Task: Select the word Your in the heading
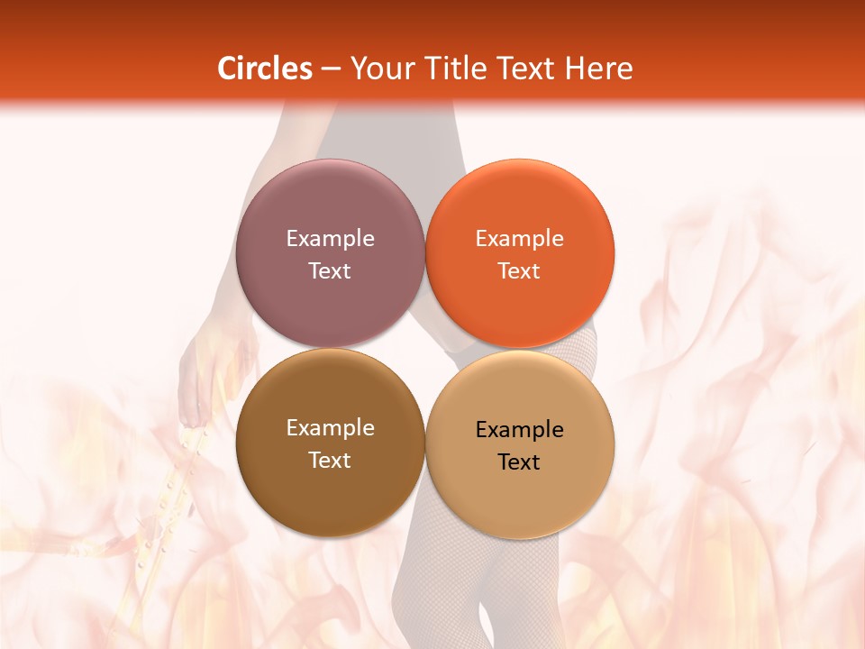(380, 69)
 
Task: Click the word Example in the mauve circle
(330, 238)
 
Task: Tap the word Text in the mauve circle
(330, 270)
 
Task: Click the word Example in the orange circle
(519, 238)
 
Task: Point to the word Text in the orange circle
(519, 270)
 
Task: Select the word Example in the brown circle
(330, 427)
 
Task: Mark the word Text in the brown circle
(330, 460)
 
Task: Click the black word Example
(519, 429)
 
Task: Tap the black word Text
(519, 462)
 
